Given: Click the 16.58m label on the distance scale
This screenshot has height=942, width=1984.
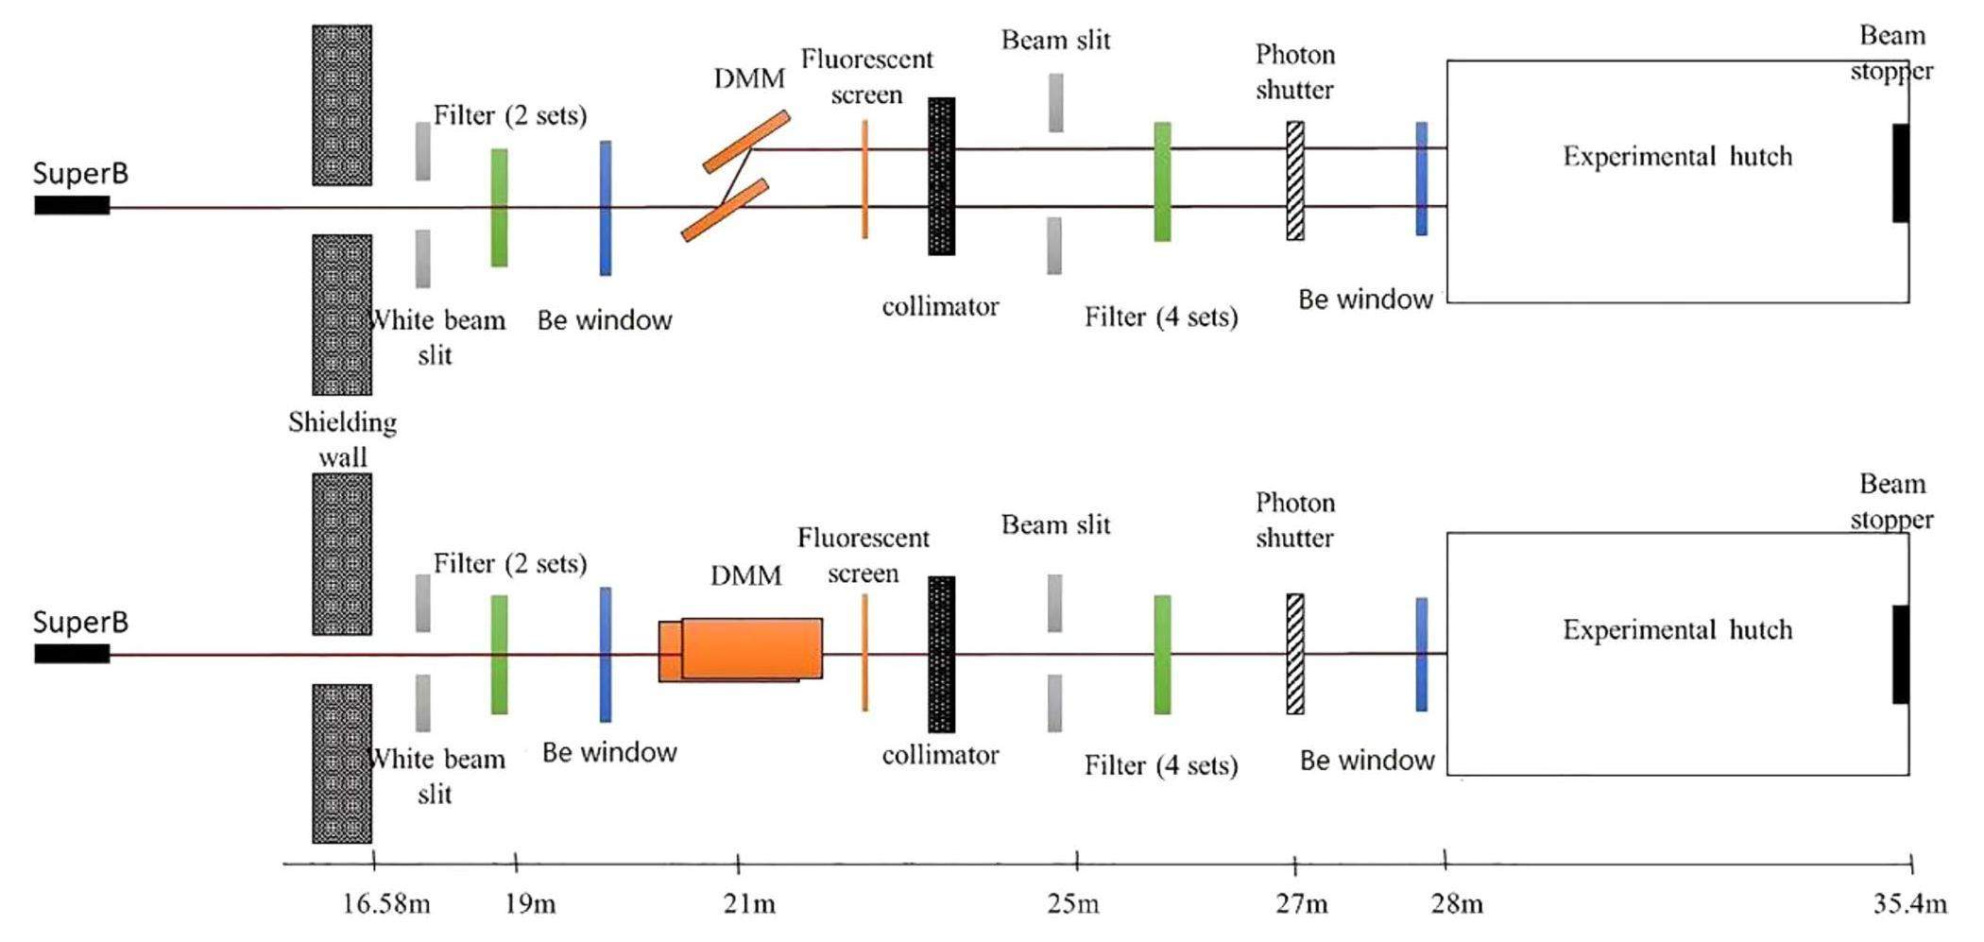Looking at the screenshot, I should pyautogui.click(x=385, y=904).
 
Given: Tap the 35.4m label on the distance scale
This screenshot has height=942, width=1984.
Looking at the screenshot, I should pyautogui.click(x=1909, y=904).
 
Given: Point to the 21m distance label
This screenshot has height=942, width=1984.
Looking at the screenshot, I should pyautogui.click(x=749, y=904).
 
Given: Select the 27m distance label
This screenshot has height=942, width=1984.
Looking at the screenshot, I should pyautogui.click(x=1301, y=904).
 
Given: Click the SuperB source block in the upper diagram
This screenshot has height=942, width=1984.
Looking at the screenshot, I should pyautogui.click(x=72, y=205).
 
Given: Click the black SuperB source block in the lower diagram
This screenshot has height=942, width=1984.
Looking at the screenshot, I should pyautogui.click(x=72, y=654).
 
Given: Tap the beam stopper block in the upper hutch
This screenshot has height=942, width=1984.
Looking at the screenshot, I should pyautogui.click(x=1900, y=173).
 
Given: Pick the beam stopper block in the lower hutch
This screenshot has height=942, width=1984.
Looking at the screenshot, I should pyautogui.click(x=1900, y=654).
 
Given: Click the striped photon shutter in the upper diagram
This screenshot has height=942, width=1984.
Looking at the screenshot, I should pyautogui.click(x=1295, y=180).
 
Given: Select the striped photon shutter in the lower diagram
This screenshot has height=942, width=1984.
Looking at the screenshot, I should pyautogui.click(x=1295, y=654).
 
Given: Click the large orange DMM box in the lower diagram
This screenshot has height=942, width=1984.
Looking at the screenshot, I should pyautogui.click(x=751, y=649).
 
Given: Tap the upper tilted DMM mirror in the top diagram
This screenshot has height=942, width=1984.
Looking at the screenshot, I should pyautogui.click(x=746, y=143).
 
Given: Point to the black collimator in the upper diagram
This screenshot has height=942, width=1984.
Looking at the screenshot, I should pyautogui.click(x=941, y=176).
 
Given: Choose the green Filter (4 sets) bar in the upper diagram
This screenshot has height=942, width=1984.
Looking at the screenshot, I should pyautogui.click(x=1162, y=181).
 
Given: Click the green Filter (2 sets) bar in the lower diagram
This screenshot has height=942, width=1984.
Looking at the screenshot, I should pyautogui.click(x=499, y=654).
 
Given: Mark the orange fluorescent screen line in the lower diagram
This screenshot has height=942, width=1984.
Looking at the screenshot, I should pyautogui.click(x=864, y=652).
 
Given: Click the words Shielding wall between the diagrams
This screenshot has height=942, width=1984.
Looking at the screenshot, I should pyautogui.click(x=342, y=439).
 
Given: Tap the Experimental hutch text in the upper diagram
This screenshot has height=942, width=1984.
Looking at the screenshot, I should pyautogui.click(x=1677, y=156).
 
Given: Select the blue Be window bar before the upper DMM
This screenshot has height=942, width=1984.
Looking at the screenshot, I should pyautogui.click(x=606, y=208).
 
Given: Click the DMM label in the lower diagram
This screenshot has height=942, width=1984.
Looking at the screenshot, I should pyautogui.click(x=745, y=574).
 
